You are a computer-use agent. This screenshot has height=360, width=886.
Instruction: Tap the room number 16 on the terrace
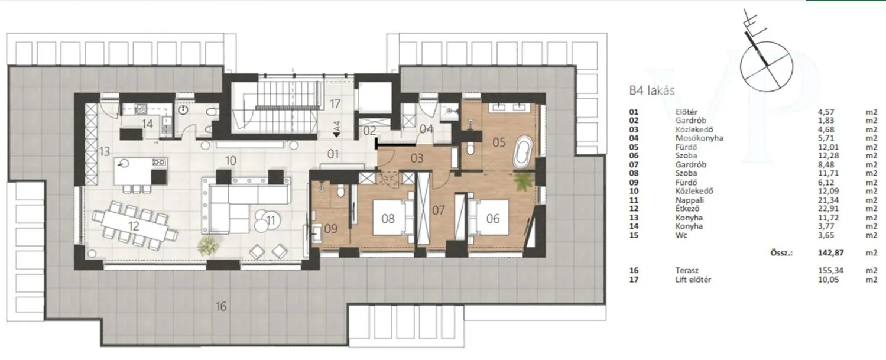221,306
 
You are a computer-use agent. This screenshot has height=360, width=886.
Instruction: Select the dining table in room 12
135,226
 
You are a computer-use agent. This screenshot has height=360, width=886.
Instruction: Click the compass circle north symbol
767,66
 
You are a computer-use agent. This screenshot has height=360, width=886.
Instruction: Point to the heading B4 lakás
652,90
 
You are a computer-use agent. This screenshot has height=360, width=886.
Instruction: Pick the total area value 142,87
830,253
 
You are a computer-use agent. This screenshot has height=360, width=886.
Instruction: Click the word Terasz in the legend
687,271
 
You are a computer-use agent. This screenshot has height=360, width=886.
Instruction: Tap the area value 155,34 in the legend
830,271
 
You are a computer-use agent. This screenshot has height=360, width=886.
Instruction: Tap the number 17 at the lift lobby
335,103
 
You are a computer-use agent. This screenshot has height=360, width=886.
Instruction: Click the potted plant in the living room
207,245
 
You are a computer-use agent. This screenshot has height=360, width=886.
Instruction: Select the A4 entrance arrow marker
336,129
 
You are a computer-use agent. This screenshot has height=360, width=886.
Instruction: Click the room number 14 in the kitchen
148,124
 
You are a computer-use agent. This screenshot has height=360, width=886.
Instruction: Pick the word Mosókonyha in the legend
699,138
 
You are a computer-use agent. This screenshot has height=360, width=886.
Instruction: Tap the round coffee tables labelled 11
267,220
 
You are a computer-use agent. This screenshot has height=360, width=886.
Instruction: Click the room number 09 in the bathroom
330,229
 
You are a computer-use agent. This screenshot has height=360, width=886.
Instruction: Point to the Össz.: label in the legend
781,253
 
